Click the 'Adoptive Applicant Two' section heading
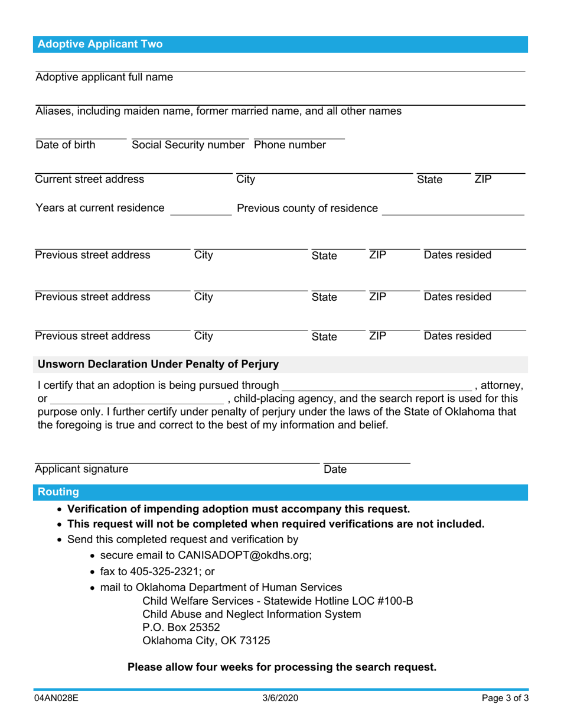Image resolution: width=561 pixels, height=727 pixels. tap(100, 44)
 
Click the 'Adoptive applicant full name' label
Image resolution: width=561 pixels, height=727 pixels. tap(105, 77)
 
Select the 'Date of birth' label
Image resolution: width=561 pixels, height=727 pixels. tap(65, 145)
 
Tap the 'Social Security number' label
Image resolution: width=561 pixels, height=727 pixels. tap(190, 145)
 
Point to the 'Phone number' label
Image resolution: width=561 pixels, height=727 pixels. tap(290, 145)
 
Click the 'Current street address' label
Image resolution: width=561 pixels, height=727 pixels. tap(89, 179)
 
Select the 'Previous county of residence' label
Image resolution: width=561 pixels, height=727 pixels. tap(307, 208)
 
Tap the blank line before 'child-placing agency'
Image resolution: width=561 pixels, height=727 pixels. tap(136, 400)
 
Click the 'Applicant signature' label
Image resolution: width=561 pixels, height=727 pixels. tap(81, 470)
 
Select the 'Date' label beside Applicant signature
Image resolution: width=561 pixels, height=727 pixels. tap(335, 470)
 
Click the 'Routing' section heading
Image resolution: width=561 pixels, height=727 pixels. tap(58, 492)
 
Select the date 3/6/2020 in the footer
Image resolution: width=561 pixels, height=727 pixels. tap(280, 698)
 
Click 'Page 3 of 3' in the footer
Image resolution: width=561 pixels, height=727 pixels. tap(505, 698)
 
